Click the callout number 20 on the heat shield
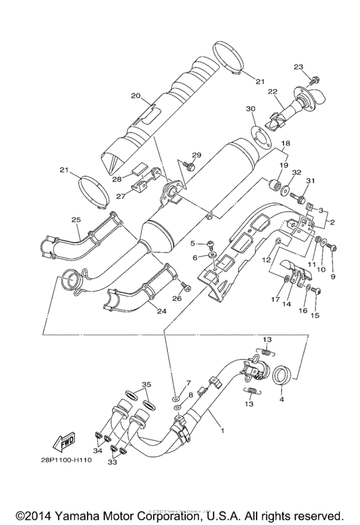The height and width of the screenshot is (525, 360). point(135,96)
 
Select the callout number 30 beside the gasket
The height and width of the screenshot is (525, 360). point(250,109)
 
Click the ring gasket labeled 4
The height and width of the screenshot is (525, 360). point(283,374)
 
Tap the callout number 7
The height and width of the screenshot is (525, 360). point(171,383)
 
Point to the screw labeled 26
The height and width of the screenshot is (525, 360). point(183,285)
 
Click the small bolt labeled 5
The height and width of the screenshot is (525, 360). point(210,243)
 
